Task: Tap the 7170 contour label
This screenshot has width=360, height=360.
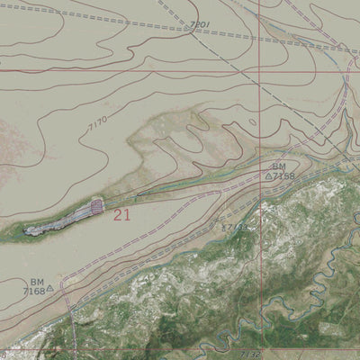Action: point(98,125)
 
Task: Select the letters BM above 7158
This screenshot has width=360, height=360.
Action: point(279,166)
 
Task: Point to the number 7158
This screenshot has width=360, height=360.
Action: point(284,176)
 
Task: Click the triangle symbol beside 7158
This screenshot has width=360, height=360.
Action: point(268,176)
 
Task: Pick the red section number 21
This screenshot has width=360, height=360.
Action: point(122,214)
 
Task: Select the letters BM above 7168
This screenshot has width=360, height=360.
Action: point(36,282)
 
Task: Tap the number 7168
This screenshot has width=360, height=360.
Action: point(33,291)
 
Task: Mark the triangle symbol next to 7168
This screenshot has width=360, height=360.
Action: point(50,290)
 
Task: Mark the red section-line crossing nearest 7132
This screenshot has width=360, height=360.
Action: point(260,349)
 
